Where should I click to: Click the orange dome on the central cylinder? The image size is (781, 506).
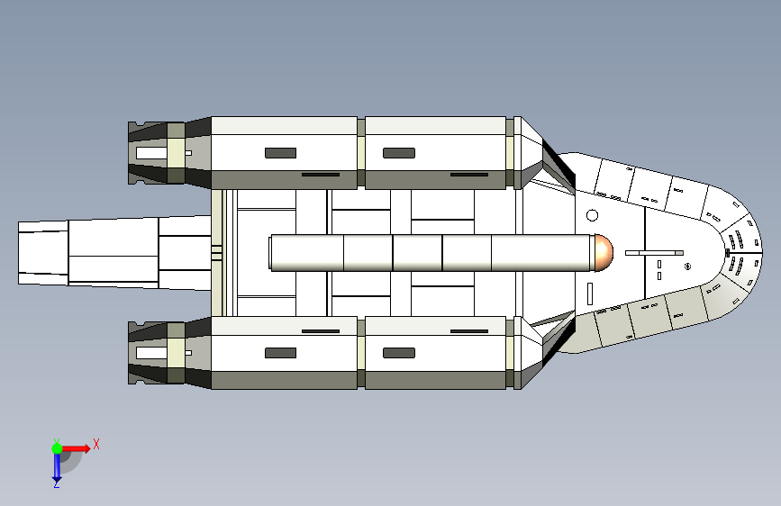602,252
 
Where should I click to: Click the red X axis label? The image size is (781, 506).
96,444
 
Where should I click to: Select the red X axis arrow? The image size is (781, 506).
76,447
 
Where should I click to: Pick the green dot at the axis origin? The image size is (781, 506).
57,447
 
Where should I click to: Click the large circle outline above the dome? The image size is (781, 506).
592,215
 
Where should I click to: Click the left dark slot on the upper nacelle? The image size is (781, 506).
280,153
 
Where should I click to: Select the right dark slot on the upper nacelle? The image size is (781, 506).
398,153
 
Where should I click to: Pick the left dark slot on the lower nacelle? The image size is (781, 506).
280,353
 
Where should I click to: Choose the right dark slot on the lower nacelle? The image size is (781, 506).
398,353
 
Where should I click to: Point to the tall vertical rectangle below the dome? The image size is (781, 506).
590,294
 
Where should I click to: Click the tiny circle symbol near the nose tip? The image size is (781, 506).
687,266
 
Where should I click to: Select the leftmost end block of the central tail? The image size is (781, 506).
42,253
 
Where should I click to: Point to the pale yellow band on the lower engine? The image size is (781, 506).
177,353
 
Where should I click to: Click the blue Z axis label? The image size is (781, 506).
56,484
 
